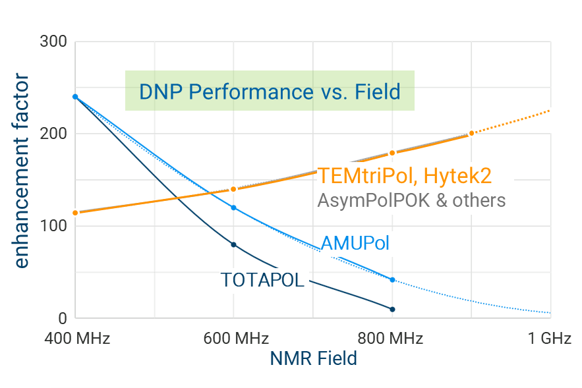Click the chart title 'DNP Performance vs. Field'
point(270,91)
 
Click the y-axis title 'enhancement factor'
point(22,172)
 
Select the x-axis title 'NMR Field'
point(314,358)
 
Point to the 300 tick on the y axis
point(54,42)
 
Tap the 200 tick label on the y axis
point(54,134)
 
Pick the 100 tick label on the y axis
point(54,226)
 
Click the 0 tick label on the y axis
point(63,318)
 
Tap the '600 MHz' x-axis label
point(236,339)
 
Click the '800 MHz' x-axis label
point(390,339)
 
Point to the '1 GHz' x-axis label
point(550,339)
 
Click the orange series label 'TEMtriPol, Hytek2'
point(405,176)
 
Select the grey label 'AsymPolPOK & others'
point(411,200)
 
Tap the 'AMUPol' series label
point(355,243)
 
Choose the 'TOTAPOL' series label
point(262,280)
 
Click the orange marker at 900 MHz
point(471,133)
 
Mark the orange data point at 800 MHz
point(392,153)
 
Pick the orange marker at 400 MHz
point(75,212)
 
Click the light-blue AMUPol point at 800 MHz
point(392,280)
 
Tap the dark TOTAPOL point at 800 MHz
point(392,309)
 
